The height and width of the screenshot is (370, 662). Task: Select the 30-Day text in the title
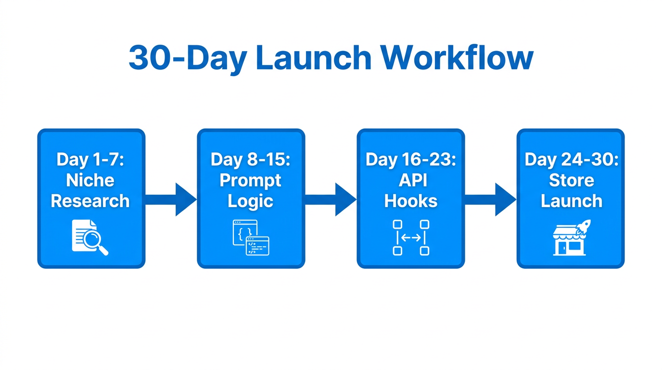click(187, 58)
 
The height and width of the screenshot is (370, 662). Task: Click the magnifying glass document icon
click(90, 238)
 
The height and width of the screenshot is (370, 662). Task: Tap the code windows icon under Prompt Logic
click(251, 238)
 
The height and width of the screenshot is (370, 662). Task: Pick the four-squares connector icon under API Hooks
click(411, 238)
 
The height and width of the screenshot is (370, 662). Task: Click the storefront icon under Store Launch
click(569, 241)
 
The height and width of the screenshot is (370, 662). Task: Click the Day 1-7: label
click(90, 159)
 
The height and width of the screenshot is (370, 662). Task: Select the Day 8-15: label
click(250, 159)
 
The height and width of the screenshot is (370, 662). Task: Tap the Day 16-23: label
click(411, 159)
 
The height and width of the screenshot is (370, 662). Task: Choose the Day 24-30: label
click(571, 159)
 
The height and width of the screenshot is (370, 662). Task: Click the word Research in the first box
click(90, 201)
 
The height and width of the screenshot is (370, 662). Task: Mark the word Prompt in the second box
click(250, 181)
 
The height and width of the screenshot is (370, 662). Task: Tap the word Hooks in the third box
click(411, 201)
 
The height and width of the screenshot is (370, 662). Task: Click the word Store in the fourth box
click(571, 180)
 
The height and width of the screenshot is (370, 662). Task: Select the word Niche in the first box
click(90, 180)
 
